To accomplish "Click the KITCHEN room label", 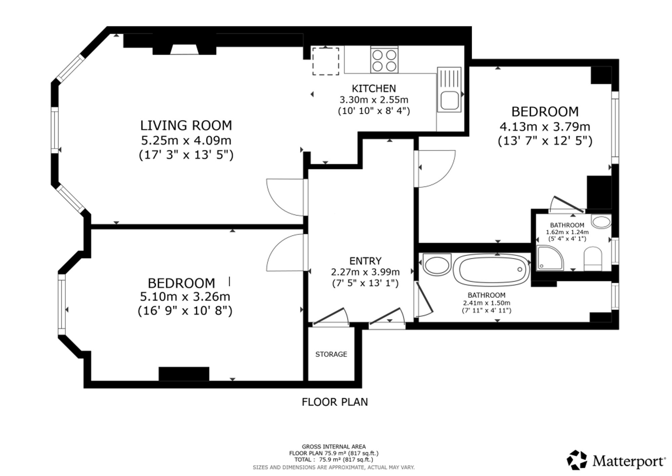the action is point(374,88).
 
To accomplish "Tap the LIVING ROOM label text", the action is point(186,125).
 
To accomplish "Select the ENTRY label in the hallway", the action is point(365,261).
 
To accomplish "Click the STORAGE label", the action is point(331,354).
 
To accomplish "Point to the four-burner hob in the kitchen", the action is point(384,60).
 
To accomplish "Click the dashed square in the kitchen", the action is point(326,61).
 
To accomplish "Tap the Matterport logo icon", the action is point(577,460).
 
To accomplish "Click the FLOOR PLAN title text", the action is point(335,402).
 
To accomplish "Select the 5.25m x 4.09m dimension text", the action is point(186,140).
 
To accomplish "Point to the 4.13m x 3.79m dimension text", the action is point(545,127).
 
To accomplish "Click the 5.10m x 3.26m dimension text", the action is point(185,297).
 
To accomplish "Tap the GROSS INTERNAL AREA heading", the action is point(334,447).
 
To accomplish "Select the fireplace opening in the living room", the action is point(184,49).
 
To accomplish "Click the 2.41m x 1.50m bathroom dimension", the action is point(486,303).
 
